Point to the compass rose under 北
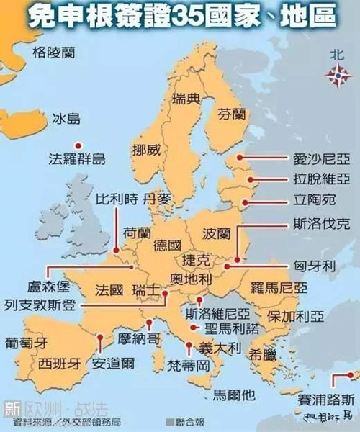point(336,73)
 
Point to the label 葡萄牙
point(26,343)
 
